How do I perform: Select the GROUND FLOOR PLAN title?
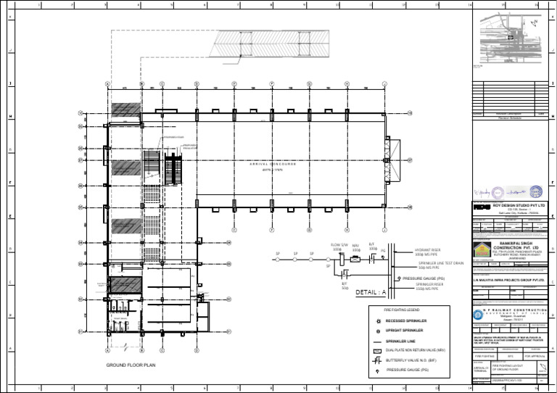pos(131,365)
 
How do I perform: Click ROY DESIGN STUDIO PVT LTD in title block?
pos(517,206)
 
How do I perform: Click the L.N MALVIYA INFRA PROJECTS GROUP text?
pos(513,278)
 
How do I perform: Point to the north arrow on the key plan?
pos(535,22)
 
